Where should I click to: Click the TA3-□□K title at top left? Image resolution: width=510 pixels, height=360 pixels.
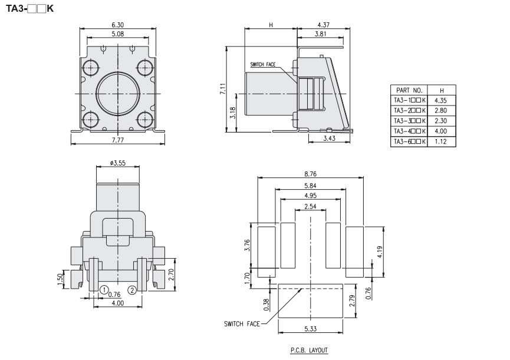[29, 9]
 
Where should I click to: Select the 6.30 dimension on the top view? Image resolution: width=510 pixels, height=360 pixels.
[118, 25]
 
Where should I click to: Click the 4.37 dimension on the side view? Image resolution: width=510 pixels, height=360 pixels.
[323, 25]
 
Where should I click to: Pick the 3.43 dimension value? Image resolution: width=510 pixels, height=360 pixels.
[330, 138]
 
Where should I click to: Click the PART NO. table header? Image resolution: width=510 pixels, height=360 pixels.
[409, 91]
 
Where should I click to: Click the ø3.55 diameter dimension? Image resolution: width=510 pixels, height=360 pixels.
[118, 161]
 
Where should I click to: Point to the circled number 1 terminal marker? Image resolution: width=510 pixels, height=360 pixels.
[103, 290]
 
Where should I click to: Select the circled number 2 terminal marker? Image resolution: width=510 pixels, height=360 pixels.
[132, 290]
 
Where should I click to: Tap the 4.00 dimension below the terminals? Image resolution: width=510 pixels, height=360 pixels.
[118, 303]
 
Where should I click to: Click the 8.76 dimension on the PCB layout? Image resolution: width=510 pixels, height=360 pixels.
[310, 174]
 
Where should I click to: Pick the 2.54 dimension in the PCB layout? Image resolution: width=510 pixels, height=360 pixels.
[310, 206]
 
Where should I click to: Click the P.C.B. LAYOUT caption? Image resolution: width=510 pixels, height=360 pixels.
[310, 349]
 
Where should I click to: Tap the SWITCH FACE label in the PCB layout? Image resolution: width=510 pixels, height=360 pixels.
[243, 323]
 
